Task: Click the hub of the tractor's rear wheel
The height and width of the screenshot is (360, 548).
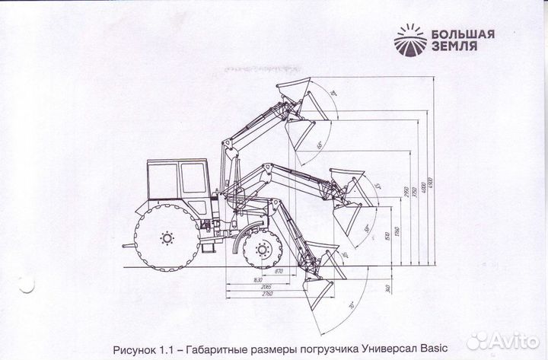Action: pos(165,238)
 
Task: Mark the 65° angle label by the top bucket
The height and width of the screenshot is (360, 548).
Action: pos(320,143)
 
